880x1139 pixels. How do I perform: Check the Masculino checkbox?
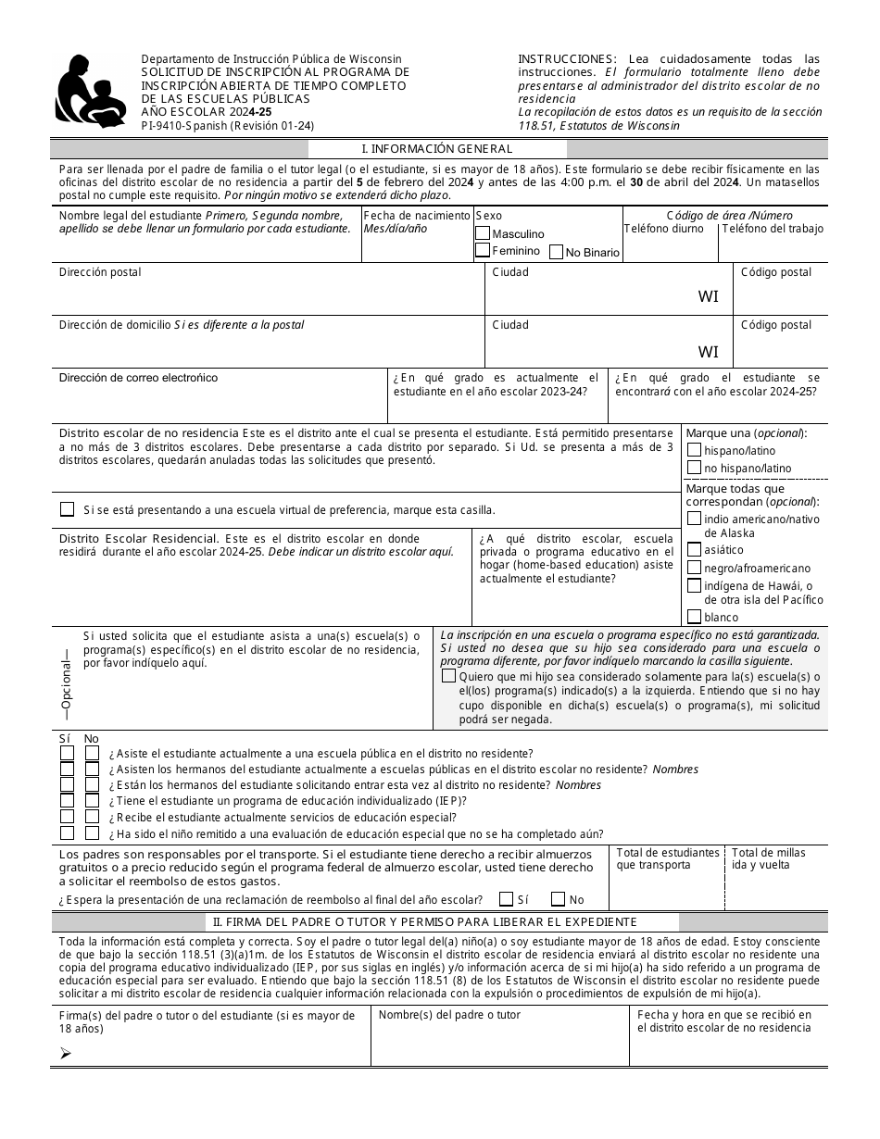click(x=483, y=233)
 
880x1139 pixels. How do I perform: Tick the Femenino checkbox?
click(x=483, y=250)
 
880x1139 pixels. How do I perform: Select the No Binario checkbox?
click(x=556, y=252)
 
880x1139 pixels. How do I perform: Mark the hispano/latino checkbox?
click(x=694, y=450)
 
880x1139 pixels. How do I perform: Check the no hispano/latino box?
click(x=694, y=468)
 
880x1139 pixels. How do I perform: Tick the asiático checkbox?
click(x=694, y=549)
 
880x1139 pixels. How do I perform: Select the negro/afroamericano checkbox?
click(x=694, y=568)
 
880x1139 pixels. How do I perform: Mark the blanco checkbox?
click(x=694, y=617)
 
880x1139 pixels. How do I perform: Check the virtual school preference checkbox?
click(x=67, y=509)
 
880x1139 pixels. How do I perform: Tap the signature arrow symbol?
click(x=65, y=1053)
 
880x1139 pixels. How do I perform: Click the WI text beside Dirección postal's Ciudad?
click(x=708, y=297)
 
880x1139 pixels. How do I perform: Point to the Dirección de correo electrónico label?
click(x=138, y=378)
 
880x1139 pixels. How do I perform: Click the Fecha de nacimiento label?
click(x=417, y=215)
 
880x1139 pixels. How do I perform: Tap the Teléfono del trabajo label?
click(x=773, y=229)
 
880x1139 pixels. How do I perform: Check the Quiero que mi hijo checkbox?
click(x=449, y=677)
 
